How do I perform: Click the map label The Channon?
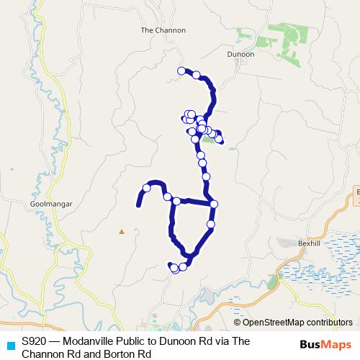tap(163, 30)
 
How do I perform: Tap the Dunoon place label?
tap(240, 54)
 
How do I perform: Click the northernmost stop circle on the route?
tap(181, 71)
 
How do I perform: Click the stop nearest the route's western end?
tap(147, 188)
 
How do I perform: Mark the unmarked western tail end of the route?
tap(138, 206)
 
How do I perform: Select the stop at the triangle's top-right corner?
tap(214, 204)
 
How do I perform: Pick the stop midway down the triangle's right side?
tap(210, 224)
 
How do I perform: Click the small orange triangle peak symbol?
tap(122, 232)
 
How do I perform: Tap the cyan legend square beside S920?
tap(10, 345)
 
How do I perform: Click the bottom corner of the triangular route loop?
tap(189, 257)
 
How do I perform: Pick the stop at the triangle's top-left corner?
tap(176, 201)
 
